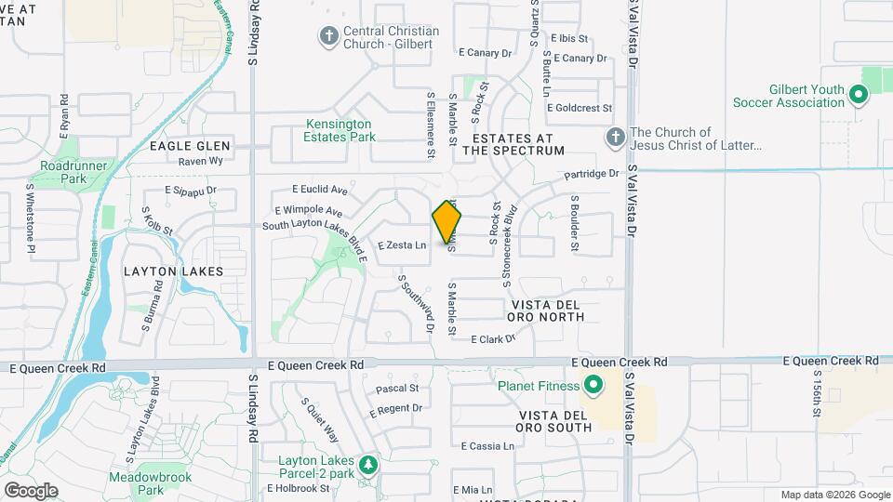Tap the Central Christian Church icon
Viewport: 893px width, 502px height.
(x=328, y=36)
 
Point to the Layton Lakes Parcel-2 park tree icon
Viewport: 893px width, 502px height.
(x=369, y=462)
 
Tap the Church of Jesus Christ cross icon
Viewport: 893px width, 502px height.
(x=614, y=139)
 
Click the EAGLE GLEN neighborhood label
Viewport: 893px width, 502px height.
(x=190, y=146)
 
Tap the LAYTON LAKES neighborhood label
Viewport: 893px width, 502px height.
(x=174, y=271)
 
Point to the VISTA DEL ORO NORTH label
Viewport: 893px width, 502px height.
(x=548, y=310)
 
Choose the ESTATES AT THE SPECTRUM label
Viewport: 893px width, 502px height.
(x=513, y=143)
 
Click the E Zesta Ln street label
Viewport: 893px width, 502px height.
(x=402, y=245)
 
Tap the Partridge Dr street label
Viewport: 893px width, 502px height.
(x=592, y=174)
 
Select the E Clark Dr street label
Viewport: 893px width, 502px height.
(x=493, y=339)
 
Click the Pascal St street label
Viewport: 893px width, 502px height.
(x=397, y=388)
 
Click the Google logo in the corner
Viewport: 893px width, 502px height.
(x=31, y=490)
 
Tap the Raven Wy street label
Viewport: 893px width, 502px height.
(x=201, y=161)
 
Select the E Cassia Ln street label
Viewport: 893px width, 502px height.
(x=486, y=446)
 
